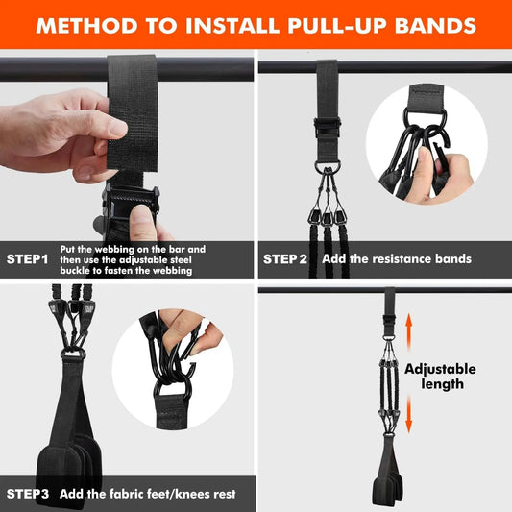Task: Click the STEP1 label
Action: point(29,259)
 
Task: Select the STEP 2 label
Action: point(285,259)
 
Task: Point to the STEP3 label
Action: point(29,494)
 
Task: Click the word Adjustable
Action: point(440,369)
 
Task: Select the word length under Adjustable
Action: point(442,384)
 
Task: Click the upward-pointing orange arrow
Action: point(408,331)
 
